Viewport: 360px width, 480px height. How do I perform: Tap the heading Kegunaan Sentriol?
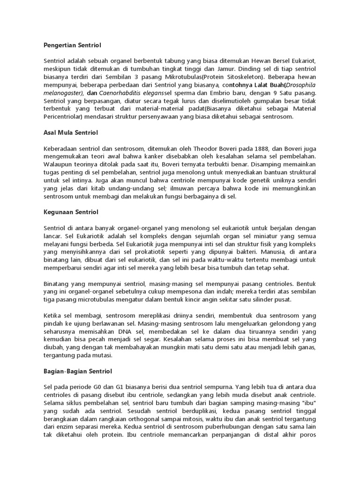pos(70,212)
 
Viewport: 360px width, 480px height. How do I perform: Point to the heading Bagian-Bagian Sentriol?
pos(77,371)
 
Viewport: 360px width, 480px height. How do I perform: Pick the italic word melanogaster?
pos(61,93)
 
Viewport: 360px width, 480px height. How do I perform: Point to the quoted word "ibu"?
pos(307,403)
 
